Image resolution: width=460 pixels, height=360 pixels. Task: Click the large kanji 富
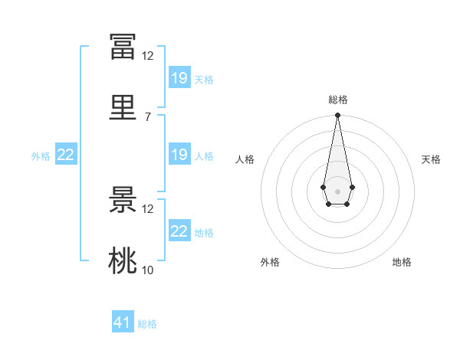tap(123, 47)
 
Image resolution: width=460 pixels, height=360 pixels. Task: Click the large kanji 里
tap(123, 107)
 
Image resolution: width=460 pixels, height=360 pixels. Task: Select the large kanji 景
tap(123, 199)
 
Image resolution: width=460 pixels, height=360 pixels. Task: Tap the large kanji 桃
tap(123, 260)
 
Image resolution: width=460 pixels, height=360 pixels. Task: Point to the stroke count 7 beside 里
tap(148, 117)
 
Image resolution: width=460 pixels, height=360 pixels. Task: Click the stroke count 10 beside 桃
tap(147, 270)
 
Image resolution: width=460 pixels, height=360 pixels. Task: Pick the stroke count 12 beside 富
tap(147, 56)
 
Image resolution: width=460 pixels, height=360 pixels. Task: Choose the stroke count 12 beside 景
tap(147, 209)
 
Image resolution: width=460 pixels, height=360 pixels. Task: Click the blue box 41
tap(123, 321)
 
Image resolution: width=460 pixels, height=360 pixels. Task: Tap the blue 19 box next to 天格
tap(180, 77)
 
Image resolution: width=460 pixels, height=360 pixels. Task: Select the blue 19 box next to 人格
tap(180, 154)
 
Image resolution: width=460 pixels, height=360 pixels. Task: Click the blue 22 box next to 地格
tap(180, 230)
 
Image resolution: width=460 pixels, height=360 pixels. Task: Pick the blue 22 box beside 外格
tap(66, 154)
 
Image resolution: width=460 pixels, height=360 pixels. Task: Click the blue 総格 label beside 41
tap(147, 324)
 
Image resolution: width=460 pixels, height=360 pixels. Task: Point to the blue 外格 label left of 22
tap(41, 156)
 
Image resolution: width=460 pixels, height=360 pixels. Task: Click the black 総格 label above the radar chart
tap(338, 100)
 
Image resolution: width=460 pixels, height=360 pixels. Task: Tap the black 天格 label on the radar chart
tap(431, 159)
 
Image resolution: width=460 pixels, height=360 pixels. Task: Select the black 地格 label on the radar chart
tap(402, 262)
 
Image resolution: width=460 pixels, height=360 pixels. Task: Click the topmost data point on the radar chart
tap(337, 115)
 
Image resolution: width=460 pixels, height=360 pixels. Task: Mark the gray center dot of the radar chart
tap(337, 191)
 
